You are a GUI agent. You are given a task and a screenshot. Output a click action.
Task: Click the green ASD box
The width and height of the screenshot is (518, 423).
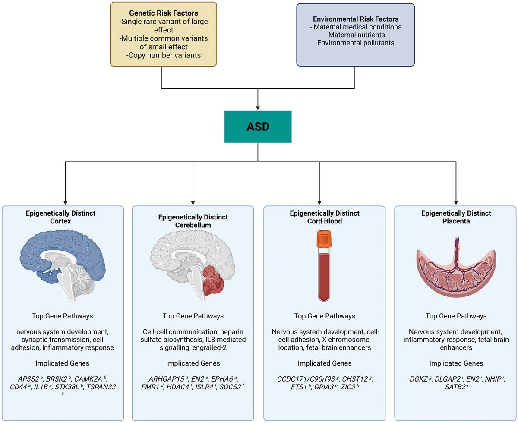click(x=258, y=126)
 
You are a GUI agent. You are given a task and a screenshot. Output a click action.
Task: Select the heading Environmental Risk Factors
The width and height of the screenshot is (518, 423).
click(x=355, y=19)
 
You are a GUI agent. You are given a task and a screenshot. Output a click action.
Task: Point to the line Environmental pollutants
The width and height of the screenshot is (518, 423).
click(x=355, y=43)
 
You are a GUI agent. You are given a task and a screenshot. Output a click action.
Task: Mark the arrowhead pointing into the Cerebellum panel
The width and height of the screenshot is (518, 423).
click(x=193, y=201)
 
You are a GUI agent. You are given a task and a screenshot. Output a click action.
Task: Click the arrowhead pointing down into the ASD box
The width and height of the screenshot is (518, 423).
click(x=258, y=107)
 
